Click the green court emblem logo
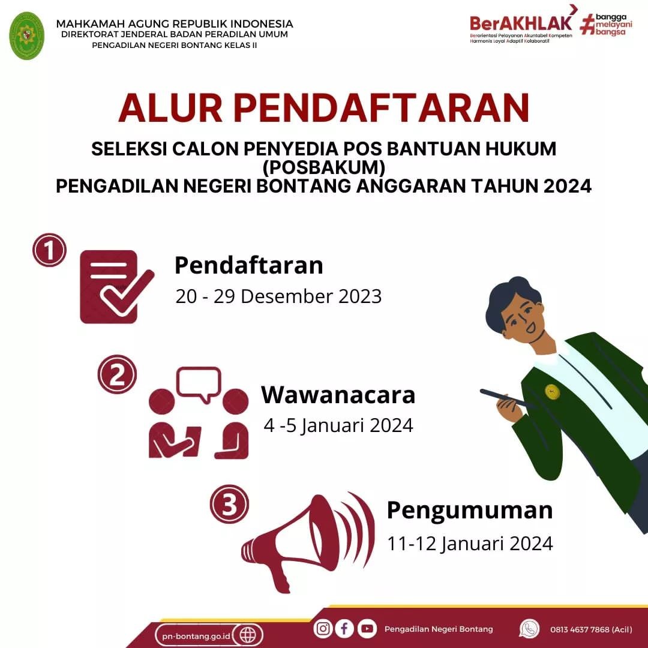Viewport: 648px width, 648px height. pos(27,36)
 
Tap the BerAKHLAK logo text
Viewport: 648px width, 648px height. pos(521,23)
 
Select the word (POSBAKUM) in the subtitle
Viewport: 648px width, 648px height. pos(324,167)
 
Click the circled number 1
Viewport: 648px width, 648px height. pos(49,250)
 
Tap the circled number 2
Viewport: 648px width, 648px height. pos(117,374)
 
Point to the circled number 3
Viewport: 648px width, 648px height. pos(229,504)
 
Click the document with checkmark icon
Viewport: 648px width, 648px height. pos(116,287)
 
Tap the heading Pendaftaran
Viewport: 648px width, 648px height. pos(249,265)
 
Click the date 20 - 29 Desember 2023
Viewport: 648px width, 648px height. pos(278,296)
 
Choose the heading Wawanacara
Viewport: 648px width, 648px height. pos(338,395)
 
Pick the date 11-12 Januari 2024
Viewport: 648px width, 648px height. pos(470,544)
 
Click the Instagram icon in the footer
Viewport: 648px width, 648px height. pos(323,629)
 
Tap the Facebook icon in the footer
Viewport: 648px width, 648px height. pos(344,629)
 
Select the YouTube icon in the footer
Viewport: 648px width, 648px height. pos(367,629)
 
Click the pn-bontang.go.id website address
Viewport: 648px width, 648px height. pos(196,636)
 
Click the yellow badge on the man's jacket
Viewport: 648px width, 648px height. pos(552,391)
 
